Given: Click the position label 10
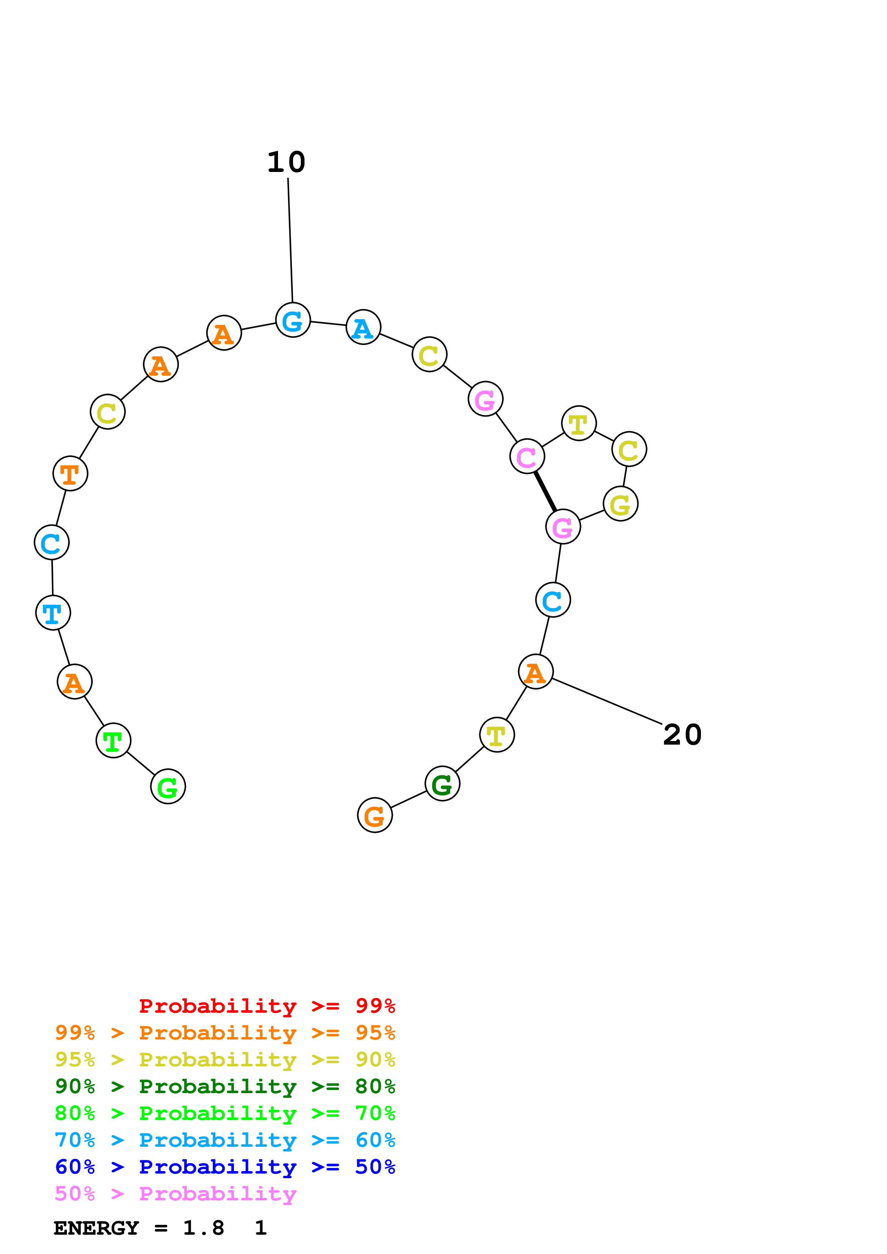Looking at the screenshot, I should [x=286, y=162].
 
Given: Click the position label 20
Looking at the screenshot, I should [x=682, y=735].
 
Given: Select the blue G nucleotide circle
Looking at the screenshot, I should [x=293, y=320].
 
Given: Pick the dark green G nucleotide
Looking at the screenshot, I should [x=442, y=784].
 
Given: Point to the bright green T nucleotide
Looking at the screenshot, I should [x=113, y=741].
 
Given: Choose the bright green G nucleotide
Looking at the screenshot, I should [x=168, y=786].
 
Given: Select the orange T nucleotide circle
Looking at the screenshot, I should [x=70, y=474].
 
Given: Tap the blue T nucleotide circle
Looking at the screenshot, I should [x=53, y=613].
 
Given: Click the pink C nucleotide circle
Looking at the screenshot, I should [x=527, y=456].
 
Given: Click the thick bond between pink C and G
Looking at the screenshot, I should [x=545, y=492].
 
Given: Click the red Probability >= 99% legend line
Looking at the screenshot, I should [x=267, y=1006].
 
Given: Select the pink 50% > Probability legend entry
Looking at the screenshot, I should [x=175, y=1194].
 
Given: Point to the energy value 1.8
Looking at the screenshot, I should [x=203, y=1228].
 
